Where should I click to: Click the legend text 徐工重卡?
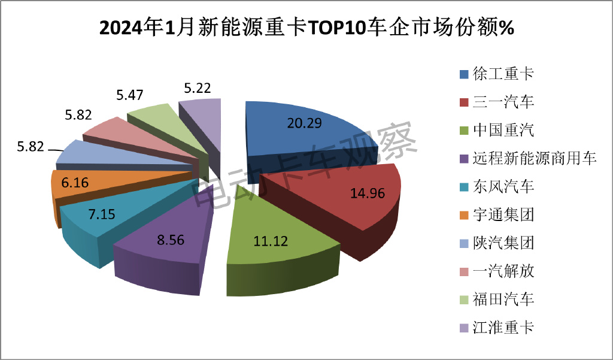click(x=503, y=74)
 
